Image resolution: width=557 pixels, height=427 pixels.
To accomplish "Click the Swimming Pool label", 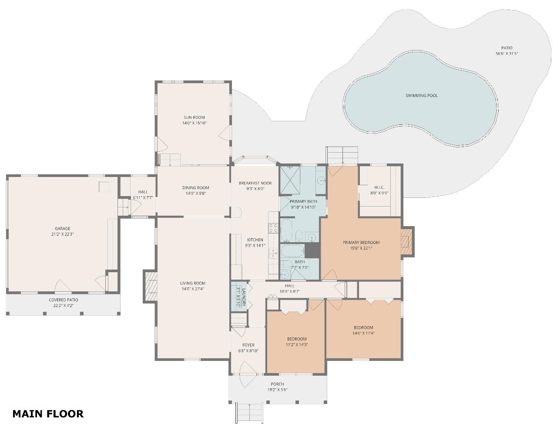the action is click(x=421, y=96).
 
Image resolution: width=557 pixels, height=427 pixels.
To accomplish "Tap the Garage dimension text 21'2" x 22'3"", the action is click(x=63, y=234).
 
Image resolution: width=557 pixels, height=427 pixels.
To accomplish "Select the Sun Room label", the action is click(x=194, y=117).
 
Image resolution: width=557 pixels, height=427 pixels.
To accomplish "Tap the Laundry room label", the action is click(x=244, y=297).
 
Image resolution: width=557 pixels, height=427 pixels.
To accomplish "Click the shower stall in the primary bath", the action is click(x=290, y=181).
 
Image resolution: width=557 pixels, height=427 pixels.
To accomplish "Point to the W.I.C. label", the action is click(x=379, y=187).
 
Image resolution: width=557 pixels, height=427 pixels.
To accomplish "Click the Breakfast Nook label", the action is click(x=255, y=183).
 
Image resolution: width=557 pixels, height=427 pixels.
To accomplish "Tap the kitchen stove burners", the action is click(x=273, y=228).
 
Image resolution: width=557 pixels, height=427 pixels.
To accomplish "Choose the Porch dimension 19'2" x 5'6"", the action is click(x=277, y=390).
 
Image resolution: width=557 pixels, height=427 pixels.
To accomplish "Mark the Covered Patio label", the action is click(x=64, y=300).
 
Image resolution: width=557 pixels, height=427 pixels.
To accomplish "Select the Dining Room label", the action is click(x=196, y=188).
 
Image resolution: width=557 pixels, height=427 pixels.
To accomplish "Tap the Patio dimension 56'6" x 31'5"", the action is click(x=507, y=53).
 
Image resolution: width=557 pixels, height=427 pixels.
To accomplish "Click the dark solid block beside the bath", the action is click(x=312, y=250).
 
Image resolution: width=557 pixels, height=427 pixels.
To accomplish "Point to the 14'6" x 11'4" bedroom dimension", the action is click(x=363, y=333).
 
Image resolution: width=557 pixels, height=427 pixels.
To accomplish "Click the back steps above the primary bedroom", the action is click(x=342, y=155).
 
